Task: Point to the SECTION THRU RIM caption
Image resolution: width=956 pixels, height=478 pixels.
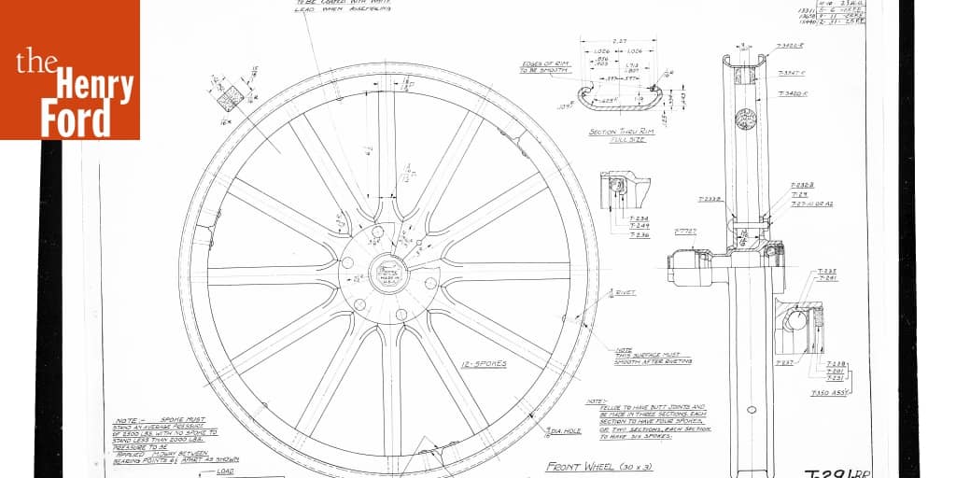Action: tap(622, 135)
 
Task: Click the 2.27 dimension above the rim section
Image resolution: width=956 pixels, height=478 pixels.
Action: tap(619, 41)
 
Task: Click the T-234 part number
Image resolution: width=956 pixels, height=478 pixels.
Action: tap(640, 218)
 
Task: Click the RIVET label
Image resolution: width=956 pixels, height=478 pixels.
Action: tap(626, 292)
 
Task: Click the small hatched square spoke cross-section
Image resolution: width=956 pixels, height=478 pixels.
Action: tap(230, 96)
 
